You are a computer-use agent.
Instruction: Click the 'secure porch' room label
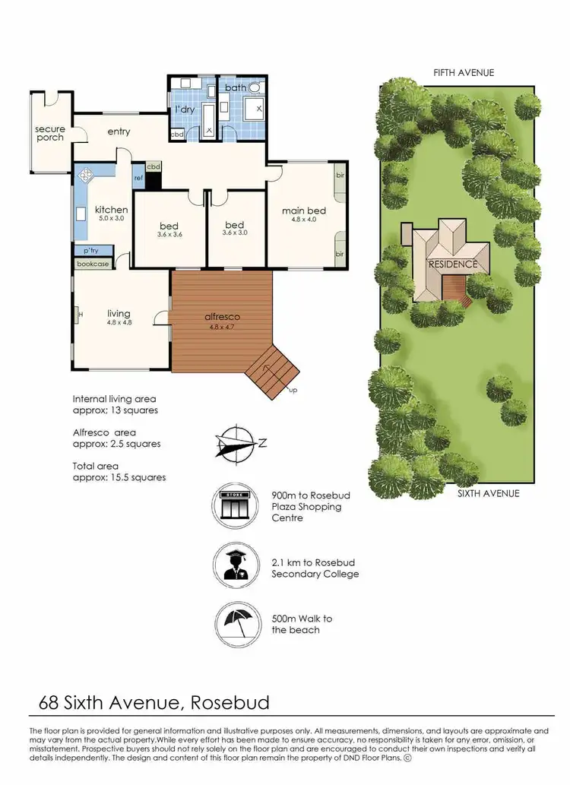click(50, 133)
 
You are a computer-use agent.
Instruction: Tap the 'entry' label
click(119, 131)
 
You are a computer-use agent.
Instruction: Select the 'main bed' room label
click(304, 210)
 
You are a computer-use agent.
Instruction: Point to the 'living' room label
click(119, 313)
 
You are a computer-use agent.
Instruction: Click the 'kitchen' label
click(111, 210)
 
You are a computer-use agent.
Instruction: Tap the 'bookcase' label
click(93, 264)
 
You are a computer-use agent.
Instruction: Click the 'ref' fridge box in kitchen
click(138, 178)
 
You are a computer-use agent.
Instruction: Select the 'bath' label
click(235, 88)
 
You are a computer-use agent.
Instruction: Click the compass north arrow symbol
click(236, 443)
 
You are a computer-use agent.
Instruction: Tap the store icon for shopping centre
click(235, 505)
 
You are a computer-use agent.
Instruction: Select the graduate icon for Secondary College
click(235, 565)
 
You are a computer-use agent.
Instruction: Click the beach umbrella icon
click(235, 624)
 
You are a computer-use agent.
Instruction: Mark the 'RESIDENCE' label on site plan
click(453, 264)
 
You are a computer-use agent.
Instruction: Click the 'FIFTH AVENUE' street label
click(464, 73)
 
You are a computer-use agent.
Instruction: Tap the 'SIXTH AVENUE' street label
click(488, 493)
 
